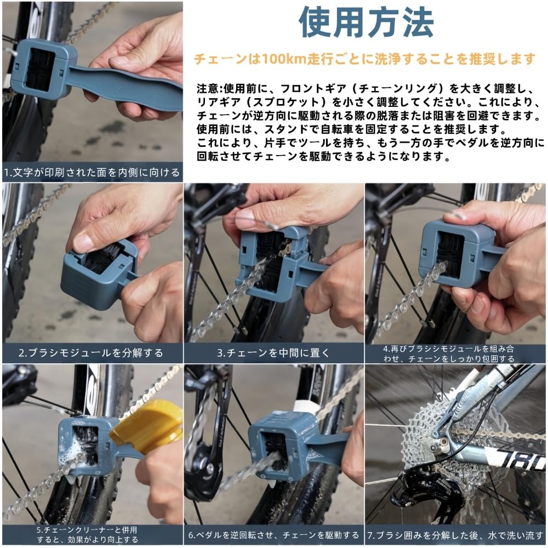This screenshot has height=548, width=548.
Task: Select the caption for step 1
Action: click(x=92, y=173)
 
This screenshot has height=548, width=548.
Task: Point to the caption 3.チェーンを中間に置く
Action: click(x=273, y=353)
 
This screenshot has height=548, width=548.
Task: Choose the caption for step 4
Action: click(x=456, y=353)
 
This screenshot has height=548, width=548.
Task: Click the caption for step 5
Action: click(x=92, y=534)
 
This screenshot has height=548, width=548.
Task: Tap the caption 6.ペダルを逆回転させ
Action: click(x=273, y=534)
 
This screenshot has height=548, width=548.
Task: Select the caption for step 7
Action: click(x=456, y=534)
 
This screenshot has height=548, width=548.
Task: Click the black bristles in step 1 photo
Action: click(x=40, y=70)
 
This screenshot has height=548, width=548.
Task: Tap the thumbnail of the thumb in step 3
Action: click(x=246, y=219)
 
